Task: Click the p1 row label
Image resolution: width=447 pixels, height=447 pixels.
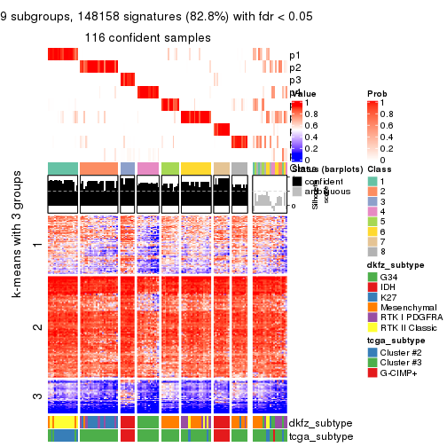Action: [295, 54]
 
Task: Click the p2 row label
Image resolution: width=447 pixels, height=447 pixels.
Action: [295, 67]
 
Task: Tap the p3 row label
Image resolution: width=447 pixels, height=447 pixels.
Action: [295, 80]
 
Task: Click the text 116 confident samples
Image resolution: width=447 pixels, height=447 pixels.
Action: [148, 38]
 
